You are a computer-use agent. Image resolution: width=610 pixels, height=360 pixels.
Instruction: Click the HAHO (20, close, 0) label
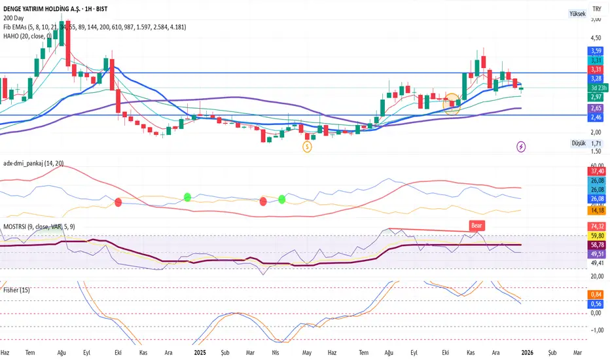click(x=28, y=36)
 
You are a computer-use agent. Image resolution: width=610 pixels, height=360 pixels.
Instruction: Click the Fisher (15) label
click(x=16, y=289)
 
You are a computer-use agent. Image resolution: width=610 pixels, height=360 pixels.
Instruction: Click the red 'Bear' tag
click(x=476, y=225)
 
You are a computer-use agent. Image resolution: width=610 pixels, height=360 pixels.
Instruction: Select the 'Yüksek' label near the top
click(x=577, y=13)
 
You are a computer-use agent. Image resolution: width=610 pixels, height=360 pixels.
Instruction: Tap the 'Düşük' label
click(x=578, y=143)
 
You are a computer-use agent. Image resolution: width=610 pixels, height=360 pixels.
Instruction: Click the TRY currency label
click(x=596, y=9)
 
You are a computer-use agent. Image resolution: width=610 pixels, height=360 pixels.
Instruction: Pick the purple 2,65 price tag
click(x=596, y=108)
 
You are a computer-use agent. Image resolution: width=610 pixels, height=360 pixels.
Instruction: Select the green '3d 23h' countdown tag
click(x=596, y=87)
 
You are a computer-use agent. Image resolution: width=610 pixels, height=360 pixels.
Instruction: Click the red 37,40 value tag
click(x=596, y=170)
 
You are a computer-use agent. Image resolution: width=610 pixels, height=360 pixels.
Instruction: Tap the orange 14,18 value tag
click(x=596, y=210)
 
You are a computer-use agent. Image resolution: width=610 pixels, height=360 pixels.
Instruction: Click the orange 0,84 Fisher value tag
click(x=596, y=295)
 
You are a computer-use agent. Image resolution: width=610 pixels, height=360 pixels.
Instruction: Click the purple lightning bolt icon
click(x=522, y=147)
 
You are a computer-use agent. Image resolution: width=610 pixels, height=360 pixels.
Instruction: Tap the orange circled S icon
click(x=307, y=147)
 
